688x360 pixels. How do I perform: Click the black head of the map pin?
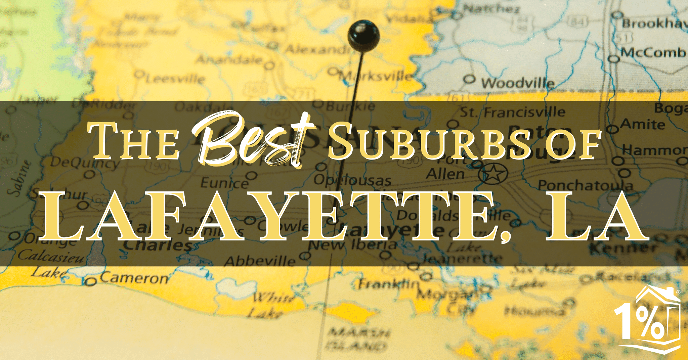point(363,35)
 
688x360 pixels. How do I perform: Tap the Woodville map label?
point(517,83)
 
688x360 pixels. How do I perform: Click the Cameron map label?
point(134,278)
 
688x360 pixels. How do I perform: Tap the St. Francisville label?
point(512,112)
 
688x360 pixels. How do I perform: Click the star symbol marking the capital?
point(493,174)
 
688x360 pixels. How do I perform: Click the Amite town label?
point(642,125)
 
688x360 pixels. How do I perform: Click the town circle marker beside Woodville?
point(469,79)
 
